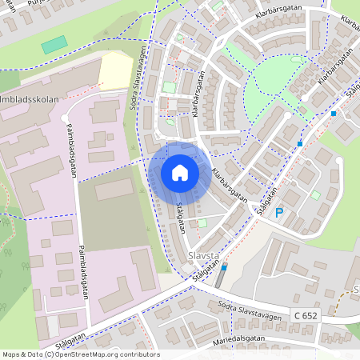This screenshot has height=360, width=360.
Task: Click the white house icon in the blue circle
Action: click(x=180, y=172)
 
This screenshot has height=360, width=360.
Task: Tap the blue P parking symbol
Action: click(x=279, y=213)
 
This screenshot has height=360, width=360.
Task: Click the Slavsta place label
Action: click(x=202, y=257)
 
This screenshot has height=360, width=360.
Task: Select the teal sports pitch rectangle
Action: click(x=54, y=44)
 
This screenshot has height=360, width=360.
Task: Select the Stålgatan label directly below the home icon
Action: click(x=179, y=217)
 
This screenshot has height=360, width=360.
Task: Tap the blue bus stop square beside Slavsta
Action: click(x=223, y=267)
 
